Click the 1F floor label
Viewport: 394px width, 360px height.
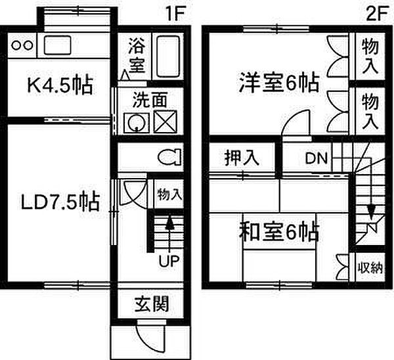click(x=175, y=14)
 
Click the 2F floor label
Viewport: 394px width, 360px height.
click(x=377, y=14)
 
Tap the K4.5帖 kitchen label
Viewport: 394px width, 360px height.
click(x=60, y=85)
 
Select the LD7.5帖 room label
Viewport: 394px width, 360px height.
click(x=60, y=201)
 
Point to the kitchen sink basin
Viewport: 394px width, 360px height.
click(x=57, y=45)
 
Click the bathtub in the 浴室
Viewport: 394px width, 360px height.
click(x=168, y=56)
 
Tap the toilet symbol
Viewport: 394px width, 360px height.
click(x=169, y=158)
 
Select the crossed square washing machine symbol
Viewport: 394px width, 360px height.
click(x=165, y=122)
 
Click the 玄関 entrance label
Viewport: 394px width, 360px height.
click(x=151, y=304)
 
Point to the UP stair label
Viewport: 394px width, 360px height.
click(x=169, y=261)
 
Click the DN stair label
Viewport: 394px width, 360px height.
click(x=317, y=158)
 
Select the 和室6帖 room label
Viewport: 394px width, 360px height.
click(x=279, y=231)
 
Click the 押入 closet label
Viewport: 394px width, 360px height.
click(x=242, y=158)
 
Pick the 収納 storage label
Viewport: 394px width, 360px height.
click(x=370, y=267)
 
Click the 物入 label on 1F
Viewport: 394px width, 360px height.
click(x=169, y=194)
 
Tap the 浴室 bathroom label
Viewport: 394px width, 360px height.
click(x=137, y=55)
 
